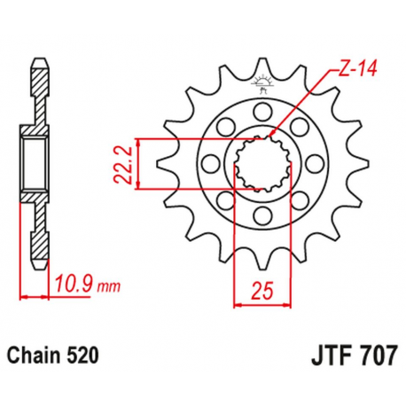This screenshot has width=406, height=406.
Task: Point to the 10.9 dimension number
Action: point(74,286)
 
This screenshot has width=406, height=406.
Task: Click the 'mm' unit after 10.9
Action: point(107,288)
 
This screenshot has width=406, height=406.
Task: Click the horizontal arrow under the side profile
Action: point(34,296)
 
